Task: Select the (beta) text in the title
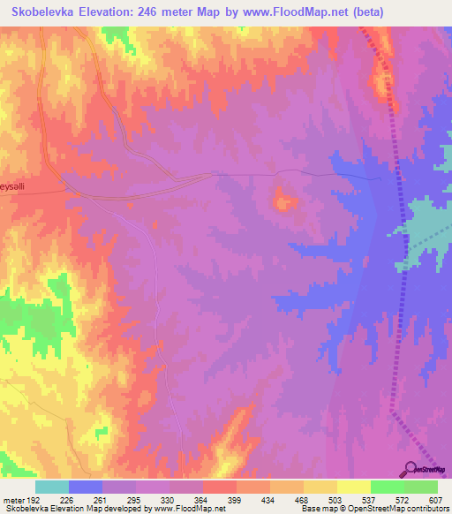coord(424,11)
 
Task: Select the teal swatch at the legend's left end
coord(52,487)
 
